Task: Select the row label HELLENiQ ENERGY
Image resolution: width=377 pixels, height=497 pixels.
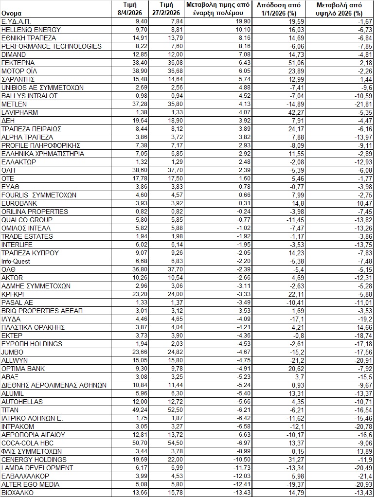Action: pyautogui.click(x=31, y=30)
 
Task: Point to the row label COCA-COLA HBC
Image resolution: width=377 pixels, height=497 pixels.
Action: pyautogui.click(x=28, y=443)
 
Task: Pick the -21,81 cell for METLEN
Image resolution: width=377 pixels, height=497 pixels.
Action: pyautogui.click(x=360, y=104)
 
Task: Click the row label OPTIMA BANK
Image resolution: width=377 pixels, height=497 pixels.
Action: pyautogui.click(x=23, y=369)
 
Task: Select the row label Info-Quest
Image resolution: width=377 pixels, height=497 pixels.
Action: pyautogui.click(x=16, y=261)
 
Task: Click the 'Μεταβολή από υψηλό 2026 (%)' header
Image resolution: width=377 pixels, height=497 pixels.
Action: pyautogui.click(x=339, y=9)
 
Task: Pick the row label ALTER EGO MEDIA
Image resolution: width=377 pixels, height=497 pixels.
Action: pyautogui.click(x=31, y=484)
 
